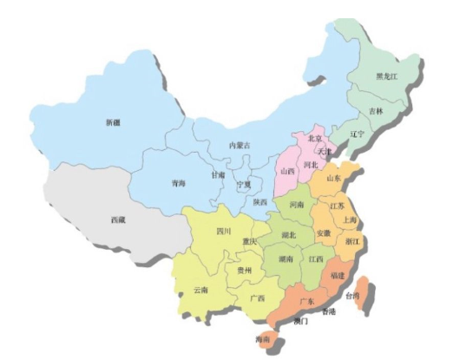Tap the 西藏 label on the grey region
point(118,220)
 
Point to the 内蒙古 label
point(240,145)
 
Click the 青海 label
point(178,183)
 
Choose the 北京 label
point(315,139)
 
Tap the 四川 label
point(224,232)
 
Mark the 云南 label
point(200,289)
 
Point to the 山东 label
point(333,178)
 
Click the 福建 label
point(337,275)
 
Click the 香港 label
point(328,311)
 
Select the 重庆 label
point(249,241)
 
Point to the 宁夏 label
point(244,184)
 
